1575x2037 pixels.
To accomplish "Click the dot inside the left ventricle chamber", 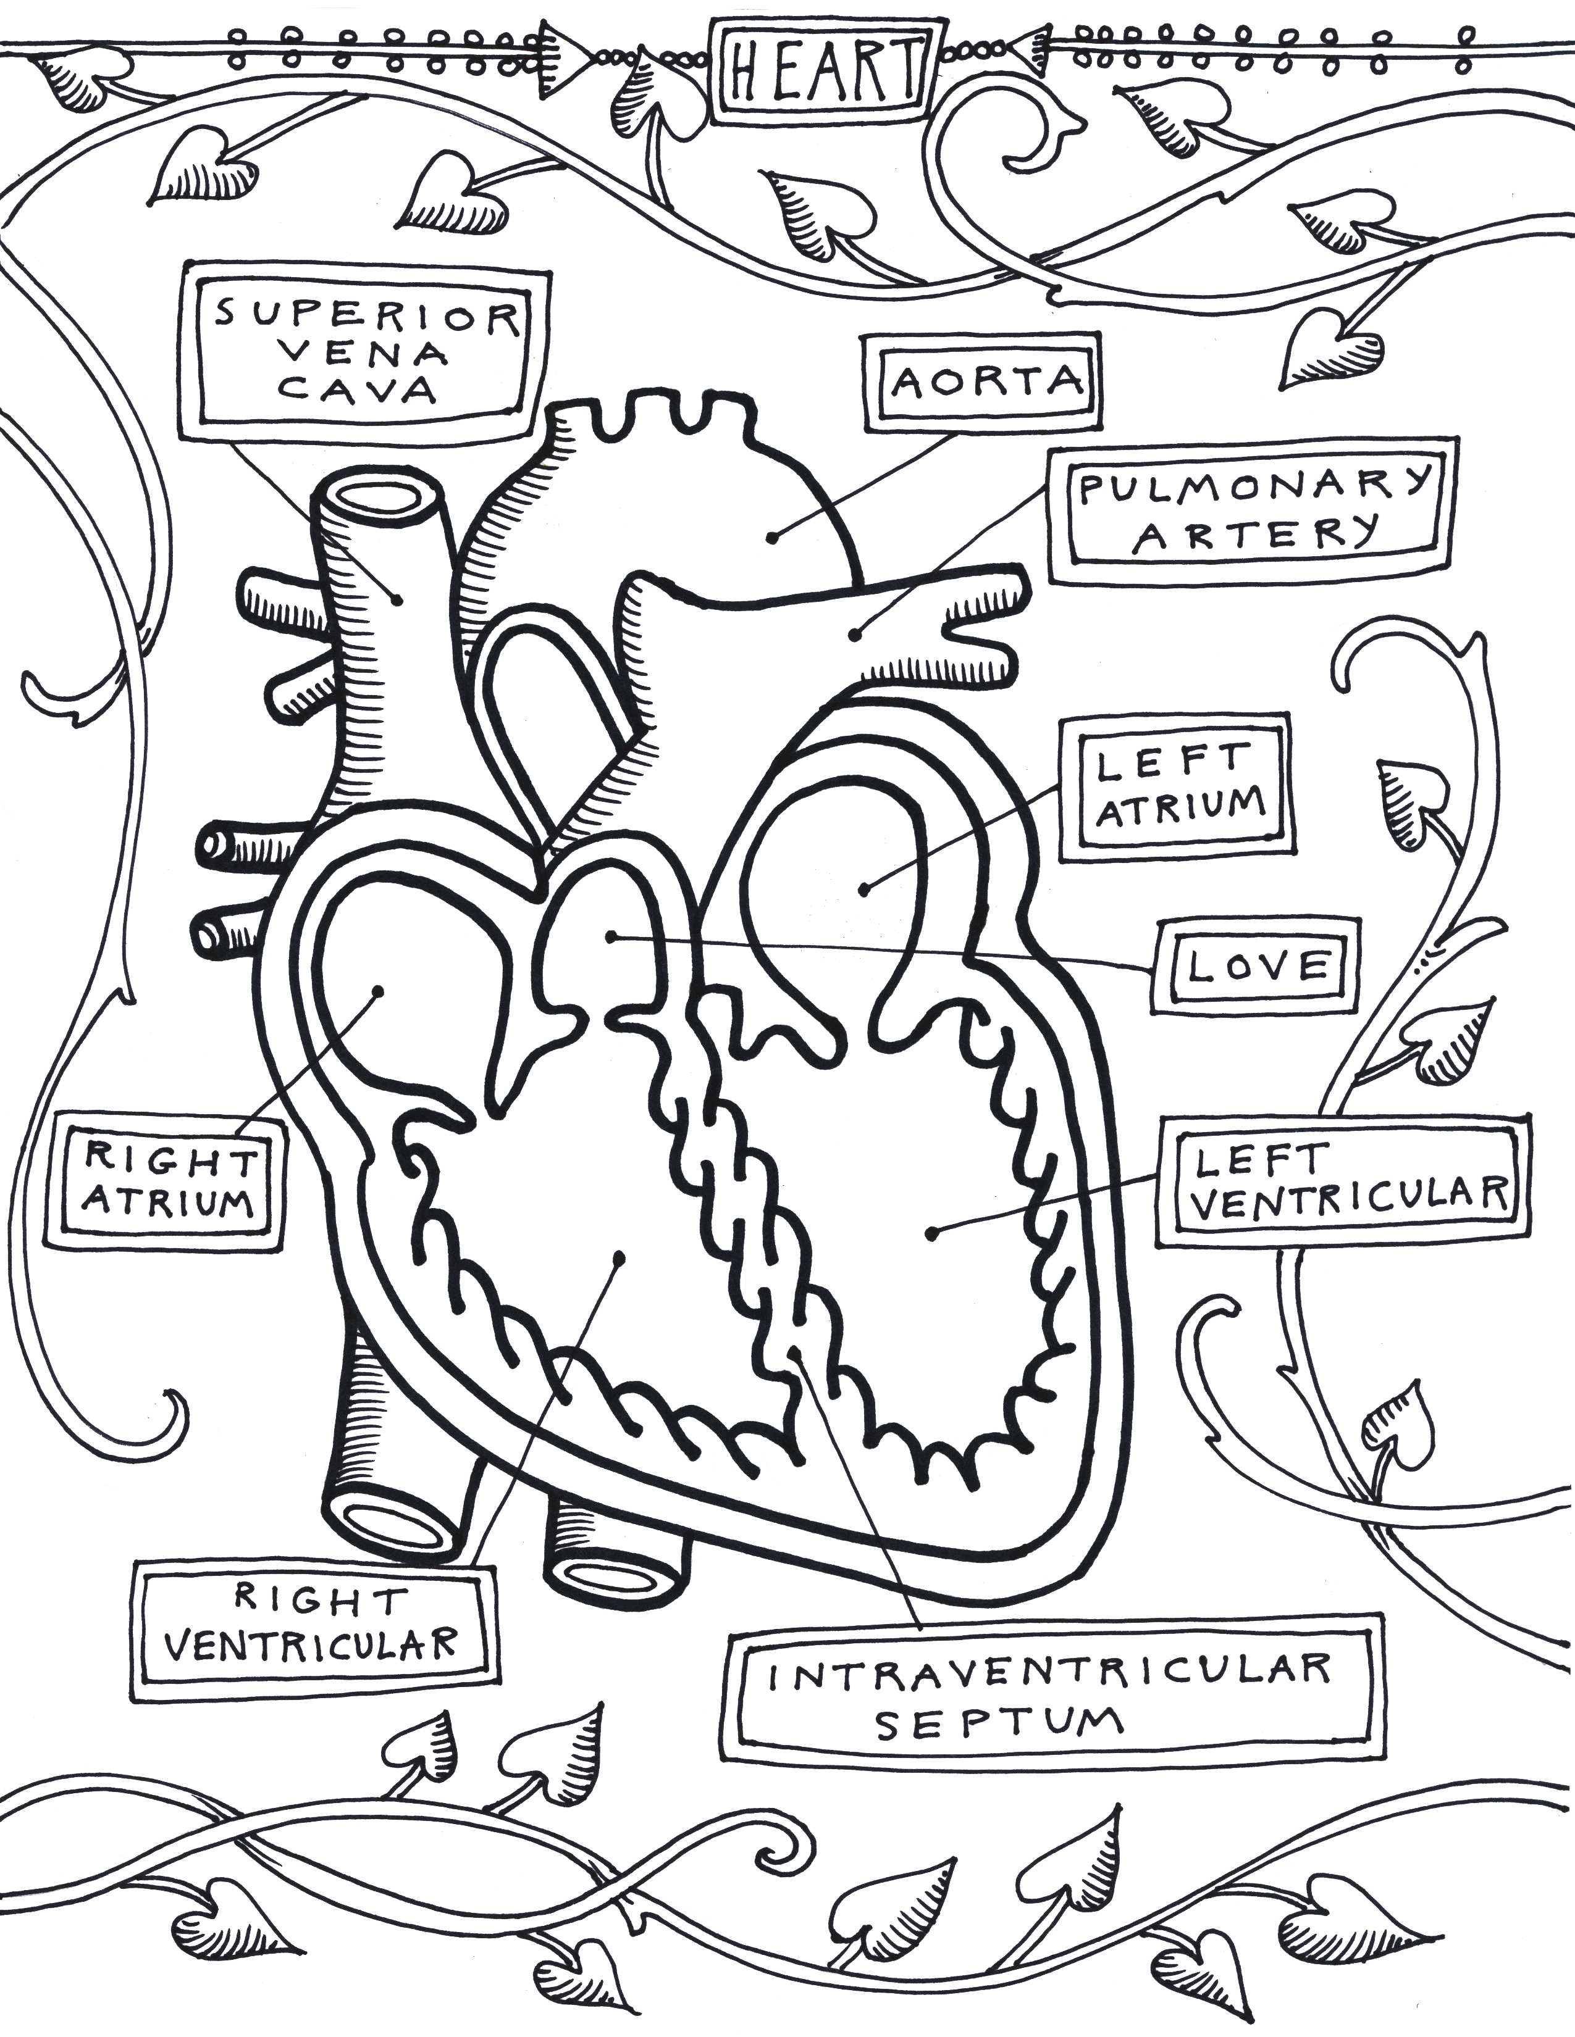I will click(x=931, y=1234).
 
